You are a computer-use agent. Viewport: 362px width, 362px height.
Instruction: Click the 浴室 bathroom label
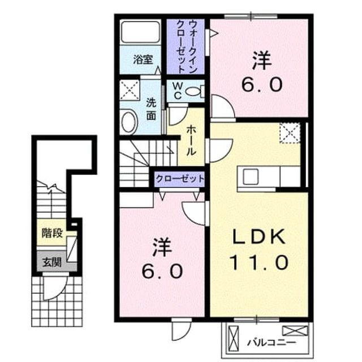pyautogui.click(x=143, y=59)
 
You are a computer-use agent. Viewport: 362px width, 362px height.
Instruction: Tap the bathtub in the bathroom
pyautogui.click(x=141, y=32)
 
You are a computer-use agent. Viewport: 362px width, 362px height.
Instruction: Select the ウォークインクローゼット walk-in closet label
pyautogui.click(x=186, y=46)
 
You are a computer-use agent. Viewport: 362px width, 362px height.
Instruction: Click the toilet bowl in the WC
pyautogui.click(x=193, y=92)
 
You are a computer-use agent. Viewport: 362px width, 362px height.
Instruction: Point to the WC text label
pyautogui.click(x=177, y=91)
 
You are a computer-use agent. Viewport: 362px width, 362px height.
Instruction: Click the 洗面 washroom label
pyautogui.click(x=151, y=110)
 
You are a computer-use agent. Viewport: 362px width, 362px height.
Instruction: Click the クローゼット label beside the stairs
pyautogui.click(x=180, y=179)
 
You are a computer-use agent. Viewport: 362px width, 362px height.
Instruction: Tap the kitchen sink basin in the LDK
pyautogui.click(x=251, y=176)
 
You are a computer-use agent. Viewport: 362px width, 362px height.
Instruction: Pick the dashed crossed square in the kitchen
pyautogui.click(x=290, y=133)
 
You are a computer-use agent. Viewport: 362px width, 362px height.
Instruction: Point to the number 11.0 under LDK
pyautogui.click(x=259, y=262)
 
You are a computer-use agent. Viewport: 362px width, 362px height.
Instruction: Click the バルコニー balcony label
pyautogui.click(x=271, y=343)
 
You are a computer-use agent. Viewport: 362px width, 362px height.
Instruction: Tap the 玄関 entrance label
pyautogui.click(x=51, y=262)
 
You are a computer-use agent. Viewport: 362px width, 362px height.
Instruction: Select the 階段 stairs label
pyautogui.click(x=52, y=233)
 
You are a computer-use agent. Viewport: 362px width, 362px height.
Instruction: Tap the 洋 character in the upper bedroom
pyautogui.click(x=261, y=61)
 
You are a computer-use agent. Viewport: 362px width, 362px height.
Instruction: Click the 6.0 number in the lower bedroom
pyautogui.click(x=162, y=271)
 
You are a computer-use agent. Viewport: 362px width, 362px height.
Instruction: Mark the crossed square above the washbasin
pyautogui.click(x=130, y=90)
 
